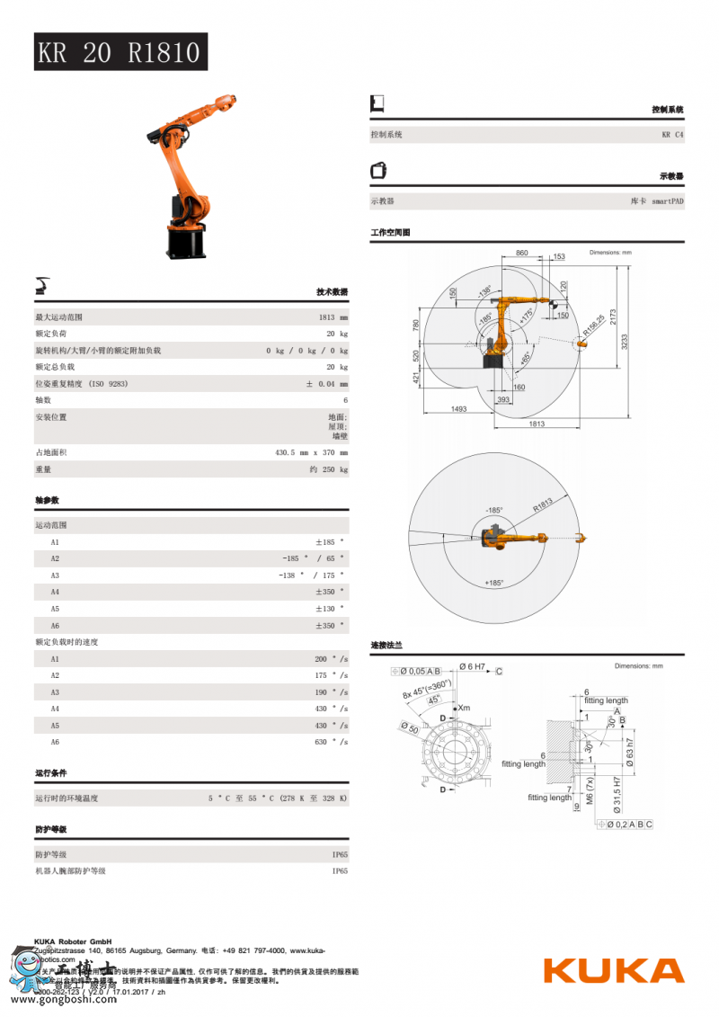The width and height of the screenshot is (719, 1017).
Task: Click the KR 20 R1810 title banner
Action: (120, 52)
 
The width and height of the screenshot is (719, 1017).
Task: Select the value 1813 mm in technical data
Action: (333, 317)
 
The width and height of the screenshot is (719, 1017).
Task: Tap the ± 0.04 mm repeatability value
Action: (326, 384)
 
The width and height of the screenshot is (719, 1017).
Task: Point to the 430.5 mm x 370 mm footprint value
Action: (311, 452)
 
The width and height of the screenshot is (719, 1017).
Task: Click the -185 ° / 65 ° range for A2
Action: (313, 558)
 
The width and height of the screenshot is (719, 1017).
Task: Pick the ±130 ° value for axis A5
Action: (329, 609)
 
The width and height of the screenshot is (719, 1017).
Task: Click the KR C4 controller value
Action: (672, 135)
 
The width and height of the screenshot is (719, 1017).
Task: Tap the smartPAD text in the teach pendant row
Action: (668, 201)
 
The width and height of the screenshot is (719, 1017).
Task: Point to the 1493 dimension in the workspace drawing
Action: (458, 409)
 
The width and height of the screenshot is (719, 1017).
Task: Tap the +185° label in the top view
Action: (493, 583)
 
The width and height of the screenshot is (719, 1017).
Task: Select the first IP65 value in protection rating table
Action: (340, 854)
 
